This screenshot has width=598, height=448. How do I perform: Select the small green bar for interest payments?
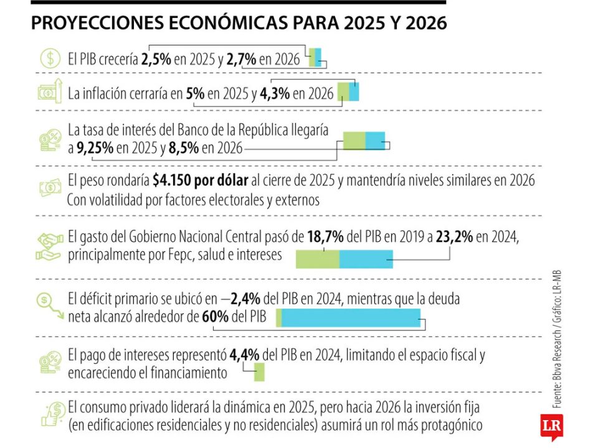pos(259,373)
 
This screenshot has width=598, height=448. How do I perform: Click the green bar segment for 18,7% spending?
pos(317,259)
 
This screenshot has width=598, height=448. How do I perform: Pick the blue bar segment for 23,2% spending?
pos(366,259)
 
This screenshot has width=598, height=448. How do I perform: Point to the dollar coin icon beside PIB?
pos(49,58)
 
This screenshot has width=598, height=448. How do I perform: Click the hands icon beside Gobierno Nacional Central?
pos(50,246)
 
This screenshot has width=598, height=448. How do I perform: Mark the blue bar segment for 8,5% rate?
pos(375,141)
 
